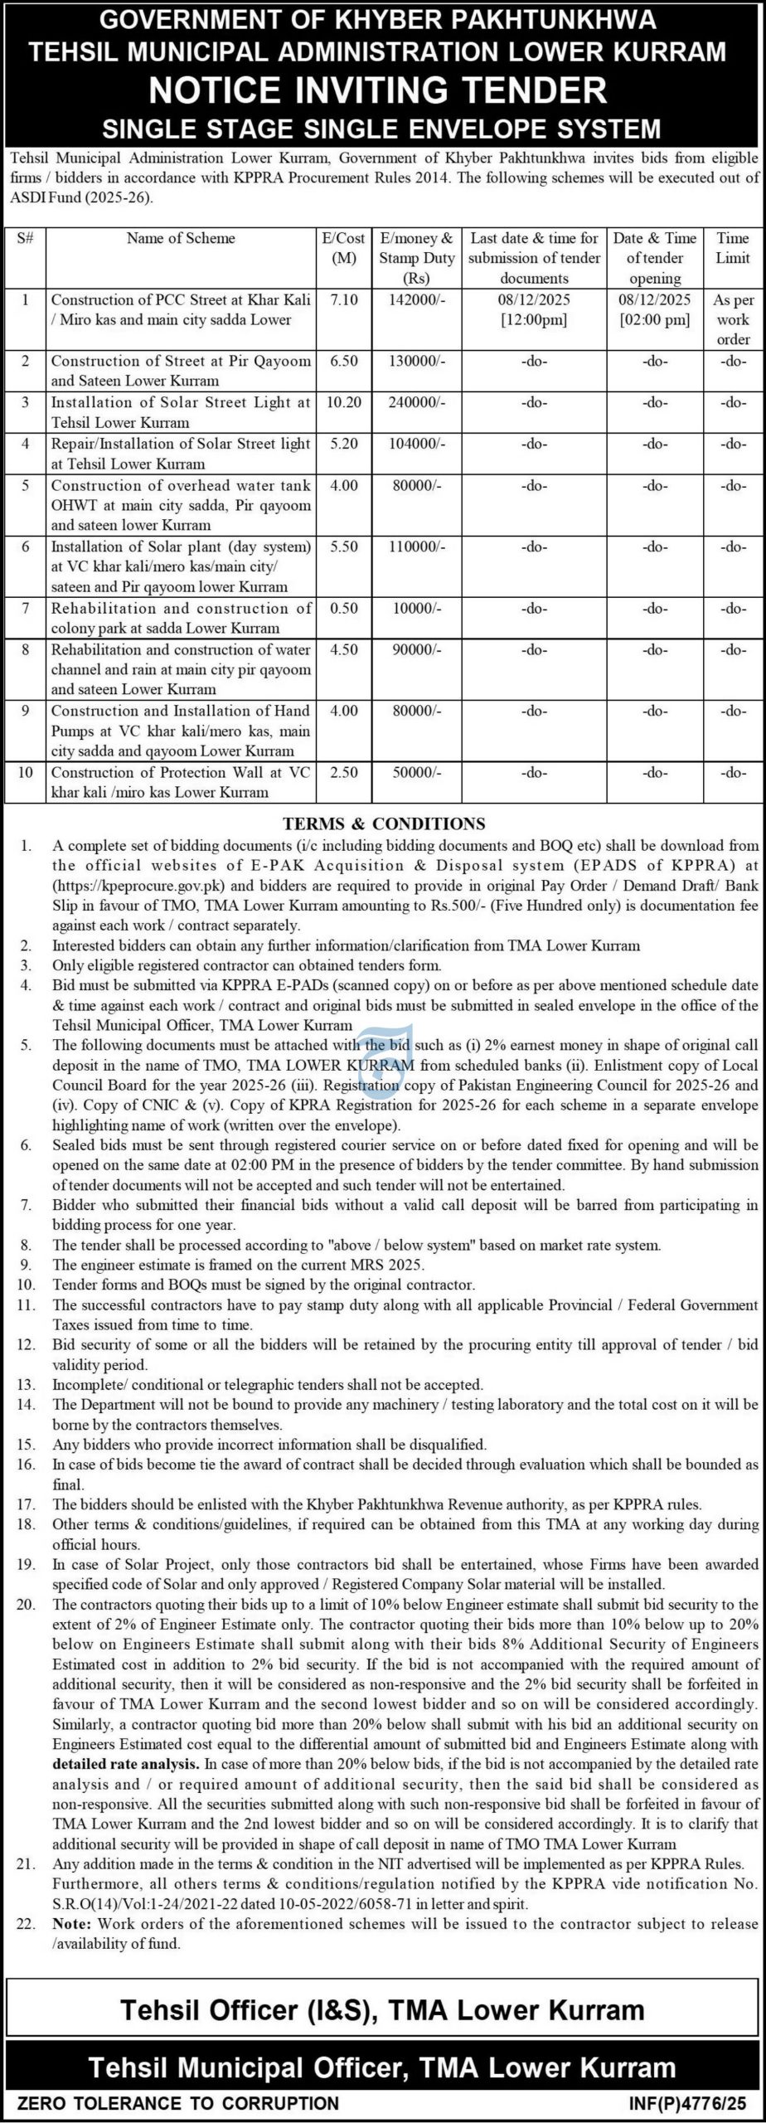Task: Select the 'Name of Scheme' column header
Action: pos(181,239)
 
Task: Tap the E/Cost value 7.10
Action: pos(344,300)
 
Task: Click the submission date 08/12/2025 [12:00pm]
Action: pos(534,309)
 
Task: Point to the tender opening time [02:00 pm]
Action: pos(655,320)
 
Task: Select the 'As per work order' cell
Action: pos(733,319)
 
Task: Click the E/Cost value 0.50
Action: pos(344,609)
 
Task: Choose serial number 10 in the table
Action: pos(25,773)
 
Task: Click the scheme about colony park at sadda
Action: pos(181,618)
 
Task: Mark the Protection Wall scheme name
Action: pos(181,782)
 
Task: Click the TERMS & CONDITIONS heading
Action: pos(383,824)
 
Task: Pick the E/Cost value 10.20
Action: pos(344,403)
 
